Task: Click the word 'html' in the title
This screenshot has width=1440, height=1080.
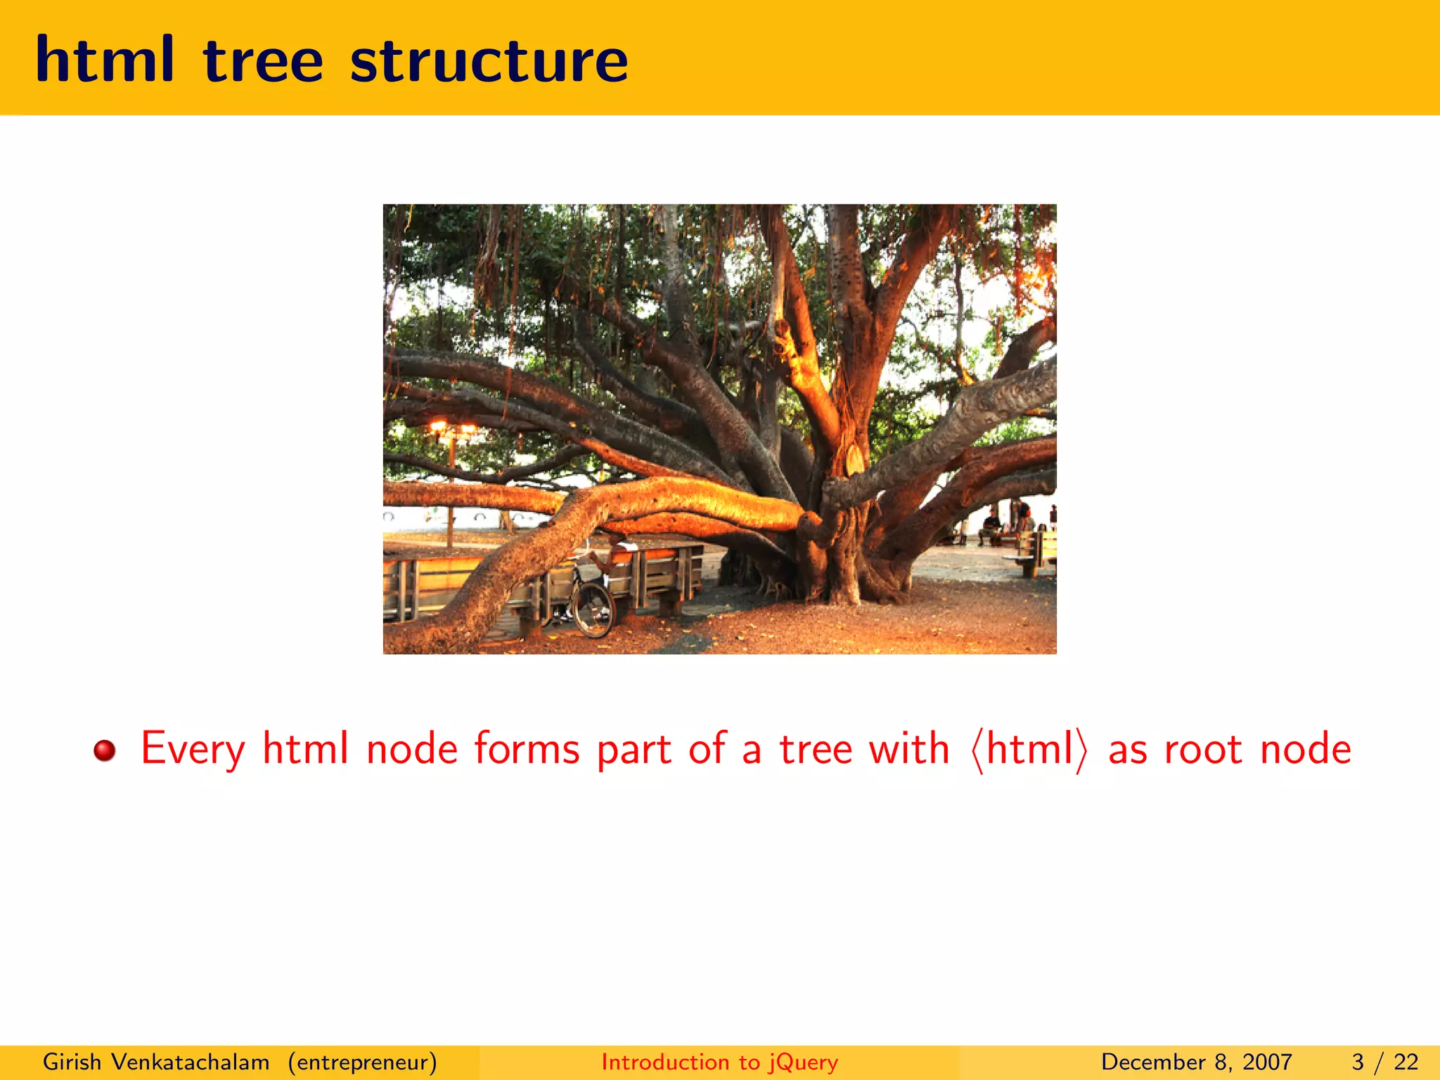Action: tap(104, 60)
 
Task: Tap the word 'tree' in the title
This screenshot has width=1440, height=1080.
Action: tap(263, 60)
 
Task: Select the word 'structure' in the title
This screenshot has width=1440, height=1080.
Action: tap(489, 60)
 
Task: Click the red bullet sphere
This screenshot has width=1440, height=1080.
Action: tap(105, 750)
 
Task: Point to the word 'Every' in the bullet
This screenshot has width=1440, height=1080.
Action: tap(193, 750)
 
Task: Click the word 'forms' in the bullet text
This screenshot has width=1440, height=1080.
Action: tap(527, 748)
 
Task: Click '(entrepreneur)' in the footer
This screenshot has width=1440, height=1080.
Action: tap(362, 1062)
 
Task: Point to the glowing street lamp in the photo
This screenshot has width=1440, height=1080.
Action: tap(450, 427)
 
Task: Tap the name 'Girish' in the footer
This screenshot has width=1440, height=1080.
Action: tap(72, 1062)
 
